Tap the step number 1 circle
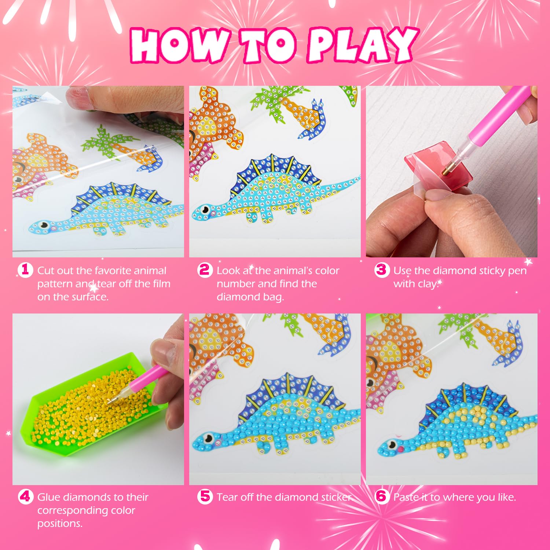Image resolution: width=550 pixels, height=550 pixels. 25,270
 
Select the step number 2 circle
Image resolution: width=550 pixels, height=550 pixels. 205,270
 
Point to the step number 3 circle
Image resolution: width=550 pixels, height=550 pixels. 381,270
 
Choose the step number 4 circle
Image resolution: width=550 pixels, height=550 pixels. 25,497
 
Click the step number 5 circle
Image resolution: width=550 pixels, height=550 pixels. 205,497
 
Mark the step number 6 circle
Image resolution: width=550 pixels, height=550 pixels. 381,497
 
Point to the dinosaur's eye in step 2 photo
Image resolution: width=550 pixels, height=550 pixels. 205,210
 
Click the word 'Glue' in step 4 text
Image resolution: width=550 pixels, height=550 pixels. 49,497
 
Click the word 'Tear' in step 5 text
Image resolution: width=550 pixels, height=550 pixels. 227,497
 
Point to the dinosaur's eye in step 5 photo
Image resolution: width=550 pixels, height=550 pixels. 209,437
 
